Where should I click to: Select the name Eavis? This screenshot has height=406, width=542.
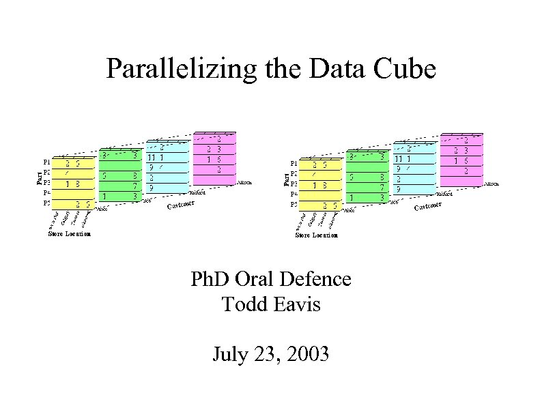click(x=294, y=304)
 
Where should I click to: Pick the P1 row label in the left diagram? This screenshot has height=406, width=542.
click(x=46, y=162)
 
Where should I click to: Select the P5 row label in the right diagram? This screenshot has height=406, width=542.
click(x=294, y=203)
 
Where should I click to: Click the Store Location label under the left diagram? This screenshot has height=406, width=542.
click(x=69, y=234)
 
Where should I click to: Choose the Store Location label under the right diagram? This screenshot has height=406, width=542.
click(x=316, y=235)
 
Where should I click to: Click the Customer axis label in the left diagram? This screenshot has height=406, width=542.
click(x=182, y=204)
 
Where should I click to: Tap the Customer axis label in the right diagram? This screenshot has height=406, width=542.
click(x=429, y=204)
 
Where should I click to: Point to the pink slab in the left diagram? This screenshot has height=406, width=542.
click(x=214, y=158)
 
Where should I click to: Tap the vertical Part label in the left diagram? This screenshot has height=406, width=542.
click(x=38, y=177)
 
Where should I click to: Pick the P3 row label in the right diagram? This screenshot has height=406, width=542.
click(x=294, y=182)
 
